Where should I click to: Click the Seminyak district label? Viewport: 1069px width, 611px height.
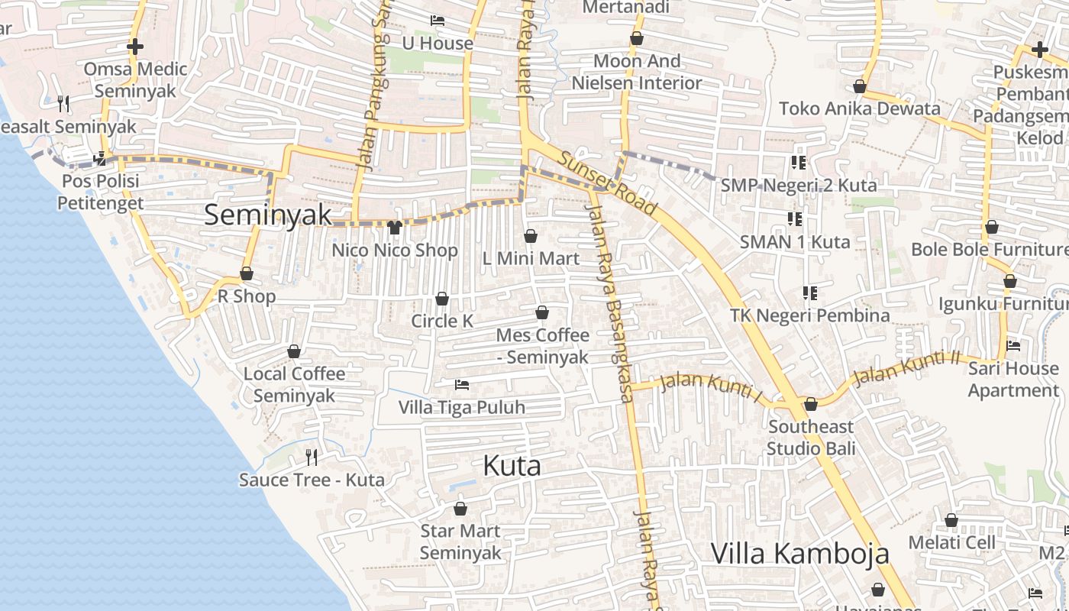point(268,215)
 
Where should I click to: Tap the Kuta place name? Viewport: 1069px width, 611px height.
point(512,466)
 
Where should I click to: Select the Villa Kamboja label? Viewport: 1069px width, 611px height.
point(799,553)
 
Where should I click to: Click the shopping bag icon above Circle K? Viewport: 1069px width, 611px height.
point(442,299)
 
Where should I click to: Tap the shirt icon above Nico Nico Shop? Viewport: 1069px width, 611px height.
point(395,227)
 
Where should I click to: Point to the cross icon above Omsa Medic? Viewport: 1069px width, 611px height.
point(135,47)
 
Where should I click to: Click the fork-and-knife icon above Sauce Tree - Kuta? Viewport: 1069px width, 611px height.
point(312,457)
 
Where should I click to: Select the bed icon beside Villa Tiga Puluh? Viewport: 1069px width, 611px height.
point(462,384)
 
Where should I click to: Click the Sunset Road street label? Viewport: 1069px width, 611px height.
point(608,183)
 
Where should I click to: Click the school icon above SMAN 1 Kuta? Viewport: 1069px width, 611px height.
point(795,220)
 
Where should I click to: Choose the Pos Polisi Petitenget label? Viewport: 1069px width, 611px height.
point(100,192)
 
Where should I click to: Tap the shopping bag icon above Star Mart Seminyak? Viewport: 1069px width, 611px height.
point(460,508)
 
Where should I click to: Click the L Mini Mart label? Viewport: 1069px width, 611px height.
point(531,259)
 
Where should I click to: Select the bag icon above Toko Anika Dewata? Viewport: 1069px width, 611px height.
point(860,86)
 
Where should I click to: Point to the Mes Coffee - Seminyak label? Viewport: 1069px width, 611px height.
point(542,346)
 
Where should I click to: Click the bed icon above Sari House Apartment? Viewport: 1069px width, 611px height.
point(1013,346)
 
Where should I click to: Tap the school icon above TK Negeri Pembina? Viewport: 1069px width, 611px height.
point(810,293)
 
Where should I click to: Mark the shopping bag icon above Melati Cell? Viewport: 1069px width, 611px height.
point(951,520)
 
